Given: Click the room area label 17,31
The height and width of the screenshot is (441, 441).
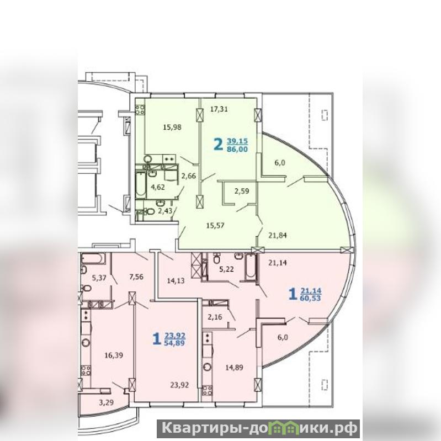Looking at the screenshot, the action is pos(219,109).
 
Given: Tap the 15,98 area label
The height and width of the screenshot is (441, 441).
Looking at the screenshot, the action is pos(172,127).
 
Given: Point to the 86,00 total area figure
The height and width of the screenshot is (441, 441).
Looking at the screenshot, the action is pos(237,149).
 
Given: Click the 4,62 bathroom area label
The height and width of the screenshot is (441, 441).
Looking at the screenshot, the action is pos(158,187).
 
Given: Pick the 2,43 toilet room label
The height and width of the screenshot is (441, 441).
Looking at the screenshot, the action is pos(164,211).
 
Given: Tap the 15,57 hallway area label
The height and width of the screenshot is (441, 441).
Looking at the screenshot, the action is pos(215,225).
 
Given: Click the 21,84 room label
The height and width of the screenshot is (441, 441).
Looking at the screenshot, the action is pos(277,235).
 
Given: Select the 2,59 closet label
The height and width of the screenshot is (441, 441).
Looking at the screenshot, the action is pos(242,191).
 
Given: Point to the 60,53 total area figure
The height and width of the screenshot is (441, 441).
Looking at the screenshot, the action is pos(310,298).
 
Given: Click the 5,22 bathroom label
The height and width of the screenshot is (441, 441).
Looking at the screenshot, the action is pos(227,269).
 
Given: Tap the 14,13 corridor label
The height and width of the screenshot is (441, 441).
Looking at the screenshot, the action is pos(176,281).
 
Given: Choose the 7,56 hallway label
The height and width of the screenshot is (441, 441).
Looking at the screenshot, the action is pos(136,277).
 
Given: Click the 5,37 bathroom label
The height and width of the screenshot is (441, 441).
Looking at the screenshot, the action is pos(99,278).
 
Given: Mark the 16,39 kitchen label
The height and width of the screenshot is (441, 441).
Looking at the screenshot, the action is pos(114,355).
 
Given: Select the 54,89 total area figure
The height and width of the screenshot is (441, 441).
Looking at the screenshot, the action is pos(174,343).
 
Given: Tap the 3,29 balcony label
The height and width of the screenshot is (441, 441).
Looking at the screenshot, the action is pos(107,402).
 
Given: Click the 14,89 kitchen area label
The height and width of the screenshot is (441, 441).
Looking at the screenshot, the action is pos(234,367).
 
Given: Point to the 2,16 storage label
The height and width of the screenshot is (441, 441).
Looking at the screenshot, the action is pos(215,317).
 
